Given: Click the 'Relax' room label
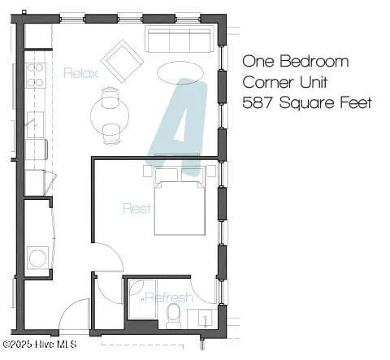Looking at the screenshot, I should tap(80, 73).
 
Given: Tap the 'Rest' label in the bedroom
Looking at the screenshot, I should tap(136, 208).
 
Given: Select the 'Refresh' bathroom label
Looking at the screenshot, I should tap(169, 297).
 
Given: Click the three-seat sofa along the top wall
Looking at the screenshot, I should tap(179, 39).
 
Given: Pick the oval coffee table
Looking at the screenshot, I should tap(180, 72).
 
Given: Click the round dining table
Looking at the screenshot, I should tap(110, 114).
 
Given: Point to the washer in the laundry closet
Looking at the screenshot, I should tap(37, 258).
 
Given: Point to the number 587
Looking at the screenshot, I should tap(260, 103).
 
